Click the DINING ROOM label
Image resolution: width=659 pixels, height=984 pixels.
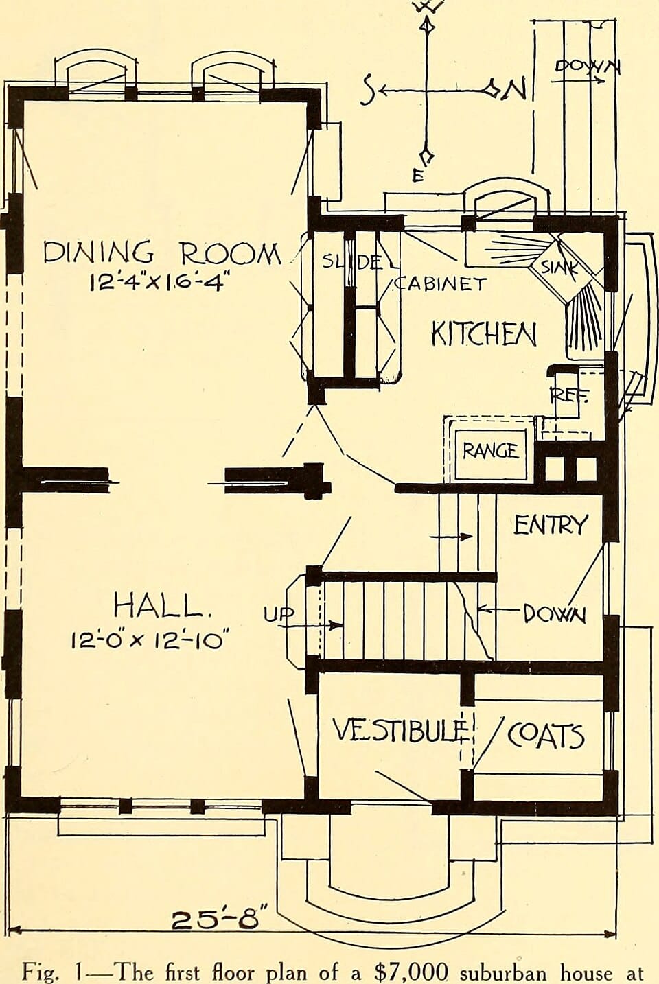163,253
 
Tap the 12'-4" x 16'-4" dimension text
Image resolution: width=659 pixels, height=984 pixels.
157,281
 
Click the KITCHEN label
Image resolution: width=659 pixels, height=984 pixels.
484,334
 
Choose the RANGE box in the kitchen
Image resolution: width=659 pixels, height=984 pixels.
491,454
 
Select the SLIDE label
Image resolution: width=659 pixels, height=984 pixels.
356,262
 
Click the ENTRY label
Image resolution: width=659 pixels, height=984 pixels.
551,524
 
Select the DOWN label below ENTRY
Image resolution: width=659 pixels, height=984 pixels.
555,615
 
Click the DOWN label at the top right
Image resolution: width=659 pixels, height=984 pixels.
588,67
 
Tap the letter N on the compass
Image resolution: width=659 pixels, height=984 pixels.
515,89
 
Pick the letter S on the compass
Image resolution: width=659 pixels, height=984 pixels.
368,91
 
